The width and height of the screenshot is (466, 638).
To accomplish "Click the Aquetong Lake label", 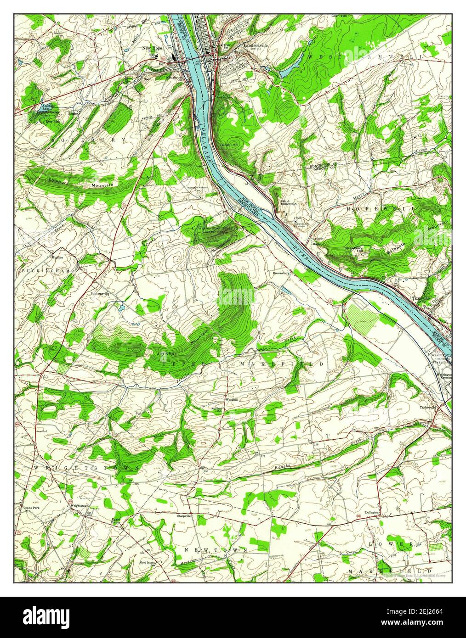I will coord(36,106).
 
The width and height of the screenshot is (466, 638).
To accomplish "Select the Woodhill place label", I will coord(231,400).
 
